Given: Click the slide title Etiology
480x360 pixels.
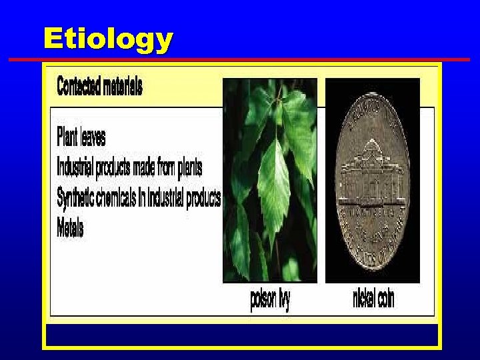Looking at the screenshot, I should coord(107,39).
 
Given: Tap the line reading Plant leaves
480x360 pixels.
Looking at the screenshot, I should coord(81,137).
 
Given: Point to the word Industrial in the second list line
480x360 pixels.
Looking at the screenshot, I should coord(75,165).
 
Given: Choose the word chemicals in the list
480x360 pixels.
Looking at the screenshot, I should coord(125,198).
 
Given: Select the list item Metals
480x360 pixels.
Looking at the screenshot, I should coord(70,229).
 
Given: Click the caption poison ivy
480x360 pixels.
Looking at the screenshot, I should coord(270,300).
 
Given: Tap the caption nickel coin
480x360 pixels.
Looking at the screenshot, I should coord(373,300).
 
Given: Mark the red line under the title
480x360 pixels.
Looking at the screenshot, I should coord(240,60).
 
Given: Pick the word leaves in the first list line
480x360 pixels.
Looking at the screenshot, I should coord(93,137).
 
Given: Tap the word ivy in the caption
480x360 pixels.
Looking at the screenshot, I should coord(282,300).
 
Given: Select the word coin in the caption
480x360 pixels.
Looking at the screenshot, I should coord(385,300).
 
